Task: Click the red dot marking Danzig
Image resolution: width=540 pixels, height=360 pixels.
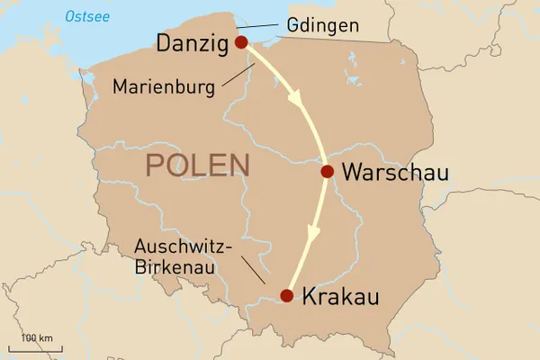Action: pyautogui.click(x=240, y=42)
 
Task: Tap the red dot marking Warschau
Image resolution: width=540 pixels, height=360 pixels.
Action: pyautogui.click(x=328, y=172)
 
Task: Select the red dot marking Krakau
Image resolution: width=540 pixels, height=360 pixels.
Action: pyautogui.click(x=286, y=295)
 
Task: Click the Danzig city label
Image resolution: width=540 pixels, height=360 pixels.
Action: pyautogui.click(x=192, y=42)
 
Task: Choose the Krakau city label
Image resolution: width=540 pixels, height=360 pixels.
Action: pyautogui.click(x=340, y=296)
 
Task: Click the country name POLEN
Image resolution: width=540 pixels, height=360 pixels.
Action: pyautogui.click(x=197, y=166)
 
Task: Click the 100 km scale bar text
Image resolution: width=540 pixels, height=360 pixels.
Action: pyautogui.click(x=37, y=337)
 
